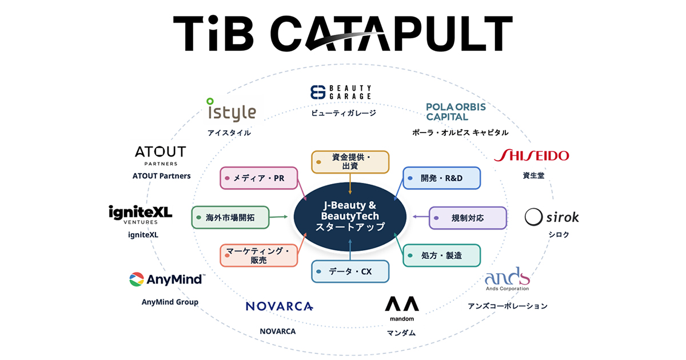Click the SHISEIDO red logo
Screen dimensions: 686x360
coord(531,155)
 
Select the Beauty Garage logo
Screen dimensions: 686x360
coord(341,92)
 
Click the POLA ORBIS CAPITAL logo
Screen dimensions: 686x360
coord(456,112)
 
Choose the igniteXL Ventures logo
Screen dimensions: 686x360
coord(141,215)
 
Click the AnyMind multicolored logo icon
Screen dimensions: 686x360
coord(137,279)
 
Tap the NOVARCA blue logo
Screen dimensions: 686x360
coord(280,306)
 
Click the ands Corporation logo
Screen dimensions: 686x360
coord(508,279)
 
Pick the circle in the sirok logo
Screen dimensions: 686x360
coord(533,217)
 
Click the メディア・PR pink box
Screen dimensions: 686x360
coord(259,178)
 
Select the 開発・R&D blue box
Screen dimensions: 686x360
coord(441,178)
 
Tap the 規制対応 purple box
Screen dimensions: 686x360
coord(468,218)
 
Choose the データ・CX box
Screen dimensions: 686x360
coord(350,271)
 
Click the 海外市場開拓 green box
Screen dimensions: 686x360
coord(230,218)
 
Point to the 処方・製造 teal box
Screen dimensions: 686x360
coord(441,255)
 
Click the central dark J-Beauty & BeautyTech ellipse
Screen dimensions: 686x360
coord(350,217)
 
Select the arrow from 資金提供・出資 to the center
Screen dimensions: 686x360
coord(350,183)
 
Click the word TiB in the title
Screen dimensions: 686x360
coord(213,33)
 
